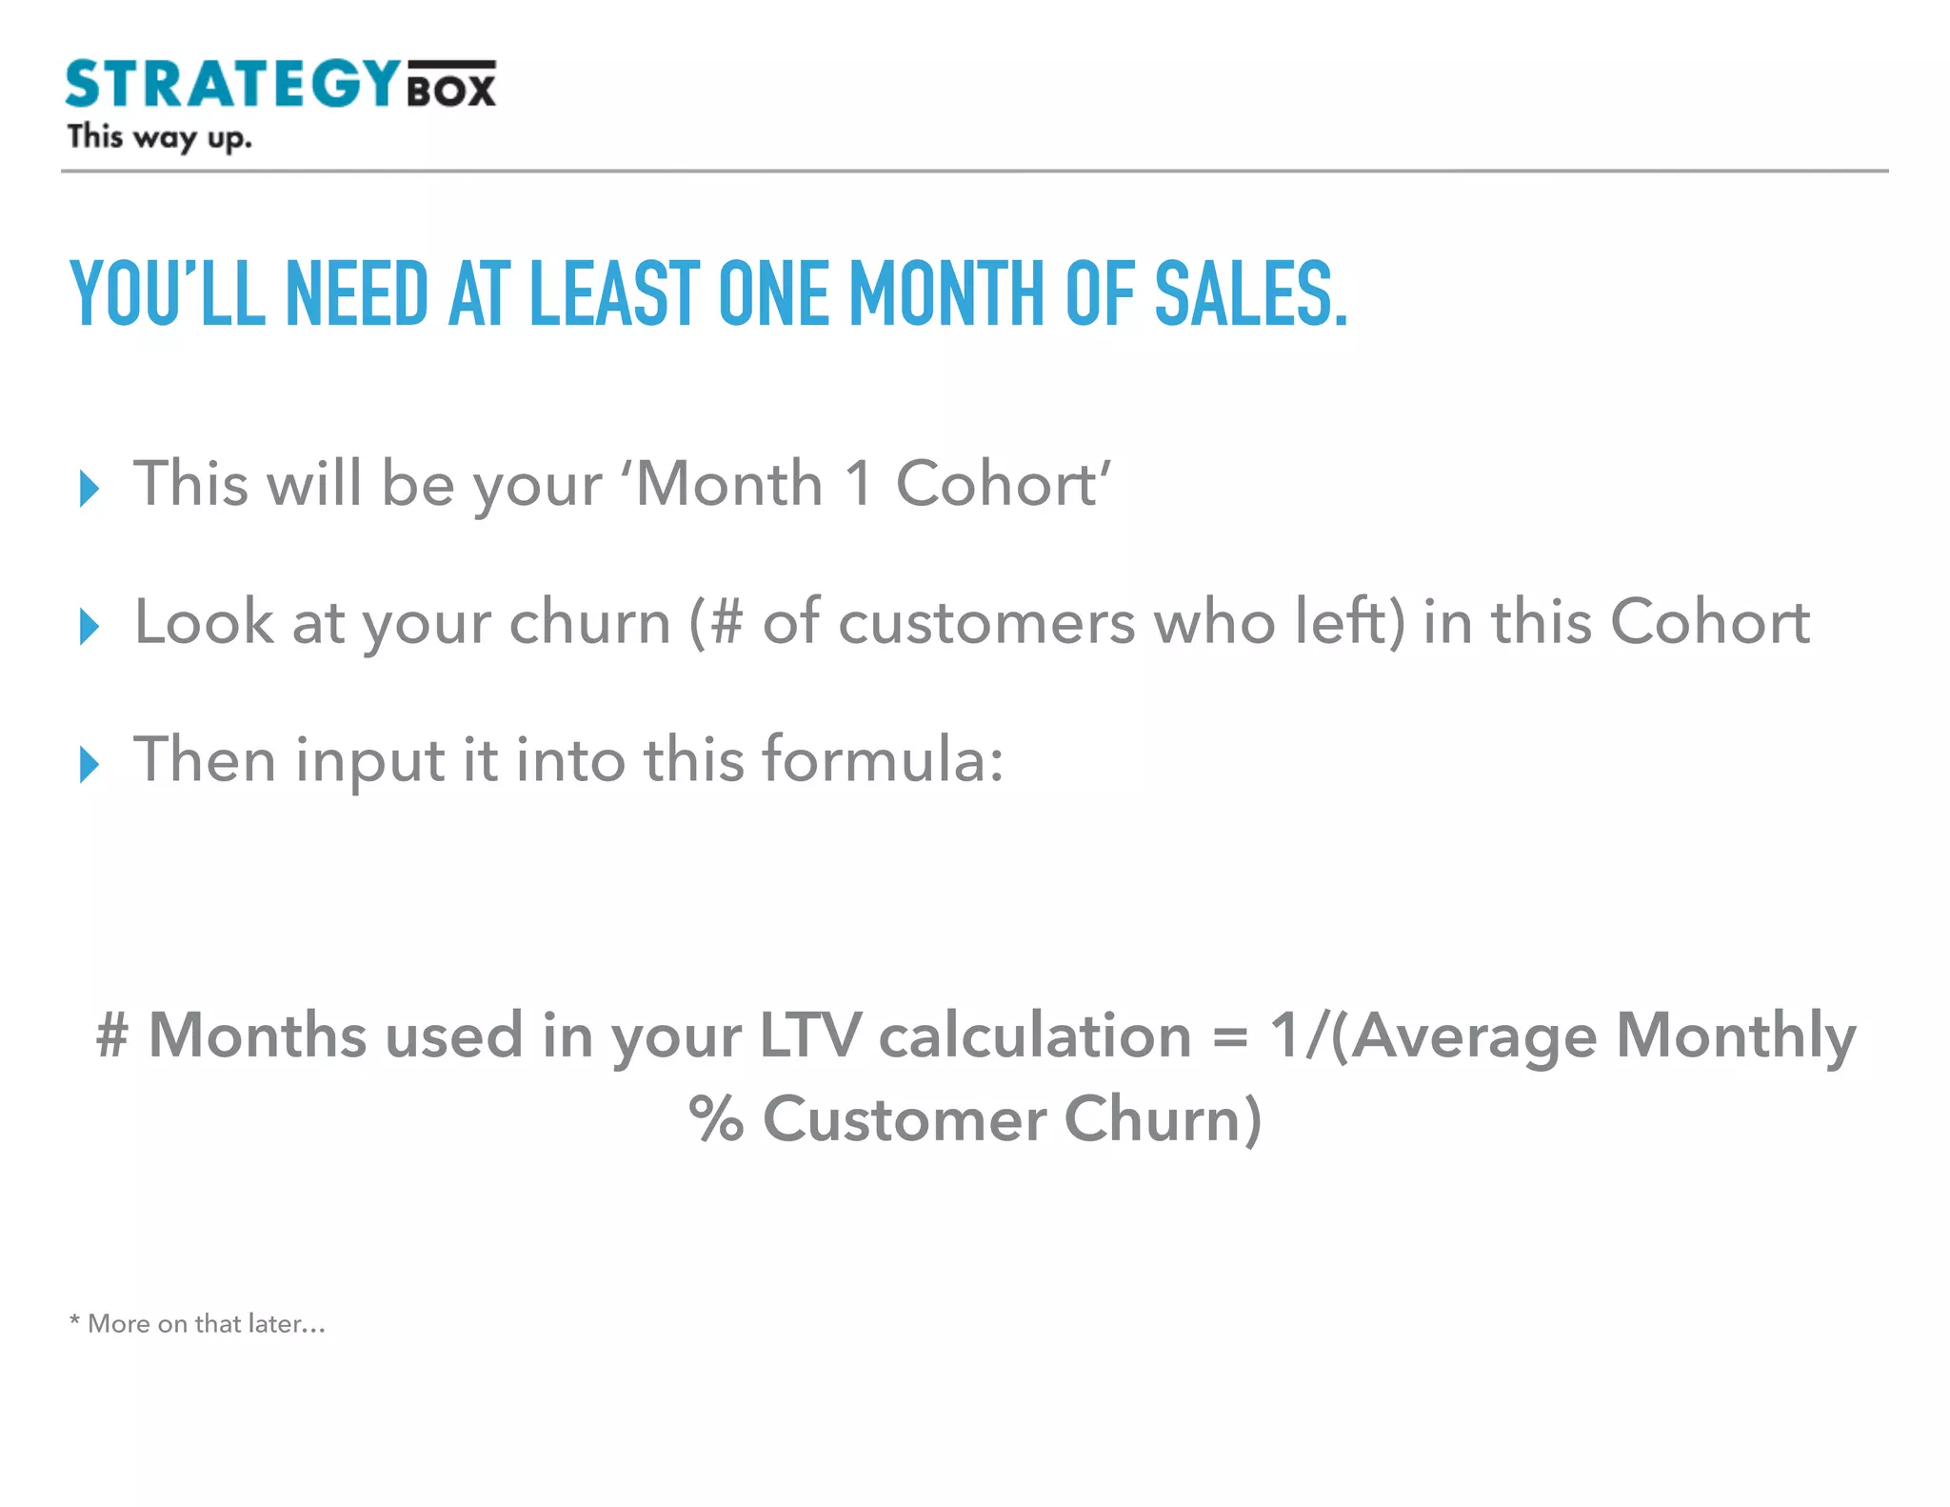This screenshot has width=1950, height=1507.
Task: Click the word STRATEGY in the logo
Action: (233, 84)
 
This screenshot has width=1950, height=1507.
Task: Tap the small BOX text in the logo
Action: (451, 90)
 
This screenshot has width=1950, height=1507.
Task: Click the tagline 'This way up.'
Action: (159, 138)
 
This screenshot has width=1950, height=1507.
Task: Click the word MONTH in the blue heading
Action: (946, 294)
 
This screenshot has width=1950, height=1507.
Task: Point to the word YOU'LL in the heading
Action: (168, 294)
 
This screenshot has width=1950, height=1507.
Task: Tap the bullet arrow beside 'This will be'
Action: (90, 489)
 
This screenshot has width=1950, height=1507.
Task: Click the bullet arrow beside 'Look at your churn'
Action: (90, 627)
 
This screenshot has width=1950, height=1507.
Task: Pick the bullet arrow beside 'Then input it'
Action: (90, 765)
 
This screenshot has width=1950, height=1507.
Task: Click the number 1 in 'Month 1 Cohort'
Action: (859, 484)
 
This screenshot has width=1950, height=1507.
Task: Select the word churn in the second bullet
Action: (590, 623)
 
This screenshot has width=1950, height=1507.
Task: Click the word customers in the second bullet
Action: (986, 623)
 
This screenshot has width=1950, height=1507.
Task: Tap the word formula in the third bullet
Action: (883, 760)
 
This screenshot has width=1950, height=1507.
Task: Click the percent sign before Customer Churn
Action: (715, 1118)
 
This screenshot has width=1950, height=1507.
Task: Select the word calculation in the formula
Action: (1035, 1035)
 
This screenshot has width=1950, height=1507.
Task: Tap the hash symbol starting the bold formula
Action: (112, 1035)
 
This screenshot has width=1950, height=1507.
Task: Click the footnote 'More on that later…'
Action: (206, 1324)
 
